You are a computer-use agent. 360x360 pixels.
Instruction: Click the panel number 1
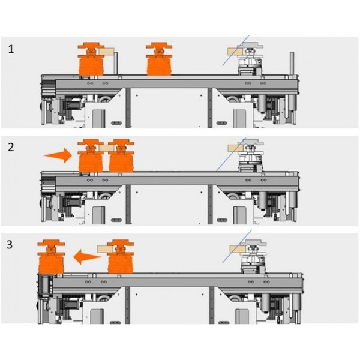pyautogui.click(x=11, y=49)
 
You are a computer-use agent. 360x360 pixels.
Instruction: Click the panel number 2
pyautogui.click(x=11, y=147)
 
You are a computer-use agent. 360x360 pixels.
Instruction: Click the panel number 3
pyautogui.click(x=10, y=245)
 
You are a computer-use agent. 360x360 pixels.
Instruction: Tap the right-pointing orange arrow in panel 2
pyautogui.click(x=58, y=155)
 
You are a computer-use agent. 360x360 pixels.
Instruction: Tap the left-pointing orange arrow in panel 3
pyautogui.click(x=88, y=257)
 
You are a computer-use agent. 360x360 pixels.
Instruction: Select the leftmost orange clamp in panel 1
pyautogui.click(x=91, y=59)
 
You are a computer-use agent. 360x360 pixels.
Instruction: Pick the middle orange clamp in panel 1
pyautogui.click(x=159, y=59)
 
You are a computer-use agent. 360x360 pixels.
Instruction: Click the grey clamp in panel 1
pyautogui.click(x=250, y=59)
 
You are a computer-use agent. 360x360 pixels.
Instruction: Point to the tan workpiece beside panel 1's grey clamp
pyautogui.click(x=235, y=51)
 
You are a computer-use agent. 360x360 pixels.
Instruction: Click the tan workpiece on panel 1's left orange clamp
pyautogui.click(x=107, y=51)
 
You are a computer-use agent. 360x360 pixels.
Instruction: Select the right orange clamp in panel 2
pyautogui.click(x=121, y=155)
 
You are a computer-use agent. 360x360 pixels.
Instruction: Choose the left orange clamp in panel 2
pyautogui.click(x=91, y=155)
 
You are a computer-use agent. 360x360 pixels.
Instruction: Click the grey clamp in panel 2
pyautogui.click(x=250, y=155)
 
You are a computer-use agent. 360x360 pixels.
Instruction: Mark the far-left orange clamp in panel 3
pyautogui.click(x=51, y=257)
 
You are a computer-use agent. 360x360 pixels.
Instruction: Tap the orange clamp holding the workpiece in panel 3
pyautogui.click(x=121, y=257)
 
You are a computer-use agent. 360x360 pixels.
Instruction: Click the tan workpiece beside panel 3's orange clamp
pyautogui.click(x=106, y=249)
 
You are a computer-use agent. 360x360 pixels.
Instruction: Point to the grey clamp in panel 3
pyautogui.click(x=254, y=257)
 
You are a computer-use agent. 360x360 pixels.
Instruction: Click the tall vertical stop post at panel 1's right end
pyautogui.click(x=292, y=64)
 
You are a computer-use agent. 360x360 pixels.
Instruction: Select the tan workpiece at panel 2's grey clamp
pyautogui.click(x=236, y=148)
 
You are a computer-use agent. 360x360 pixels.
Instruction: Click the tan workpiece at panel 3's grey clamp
pyautogui.click(x=238, y=249)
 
